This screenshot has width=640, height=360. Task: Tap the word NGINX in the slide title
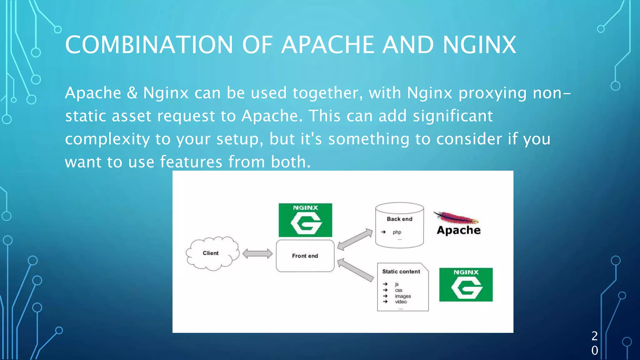(x=479, y=45)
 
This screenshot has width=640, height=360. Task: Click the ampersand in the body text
(x=132, y=93)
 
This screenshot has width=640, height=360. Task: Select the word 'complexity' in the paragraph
(x=107, y=139)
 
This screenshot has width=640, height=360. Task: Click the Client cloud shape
(x=212, y=253)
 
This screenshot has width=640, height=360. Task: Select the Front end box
(x=305, y=256)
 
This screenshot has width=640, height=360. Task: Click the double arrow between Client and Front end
(x=257, y=253)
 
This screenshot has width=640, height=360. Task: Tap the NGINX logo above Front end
(x=305, y=220)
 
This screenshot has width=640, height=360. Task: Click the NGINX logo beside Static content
(x=466, y=284)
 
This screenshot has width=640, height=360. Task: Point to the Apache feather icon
(x=456, y=217)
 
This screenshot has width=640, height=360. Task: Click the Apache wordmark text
(x=458, y=230)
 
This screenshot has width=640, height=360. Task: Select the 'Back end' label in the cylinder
(x=399, y=219)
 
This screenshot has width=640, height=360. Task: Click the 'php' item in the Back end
(x=397, y=232)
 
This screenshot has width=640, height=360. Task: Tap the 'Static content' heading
(x=401, y=272)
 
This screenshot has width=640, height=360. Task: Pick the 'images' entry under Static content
(x=403, y=296)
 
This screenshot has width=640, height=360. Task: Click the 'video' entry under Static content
(x=401, y=302)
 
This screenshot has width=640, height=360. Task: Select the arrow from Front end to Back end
(x=355, y=239)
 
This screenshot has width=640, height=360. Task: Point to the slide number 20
(x=595, y=343)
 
